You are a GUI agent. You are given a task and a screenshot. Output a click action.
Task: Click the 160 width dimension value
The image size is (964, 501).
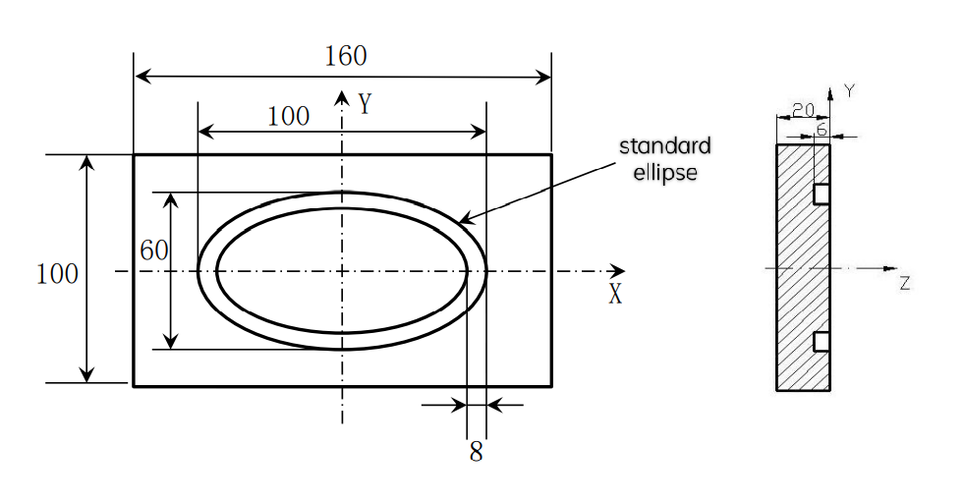click(345, 56)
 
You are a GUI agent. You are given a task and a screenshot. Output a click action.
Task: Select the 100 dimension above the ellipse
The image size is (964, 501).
click(288, 116)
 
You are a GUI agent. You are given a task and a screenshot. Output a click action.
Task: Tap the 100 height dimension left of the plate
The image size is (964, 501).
click(57, 274)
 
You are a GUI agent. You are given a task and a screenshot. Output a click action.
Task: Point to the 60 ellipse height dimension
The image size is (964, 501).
click(153, 250)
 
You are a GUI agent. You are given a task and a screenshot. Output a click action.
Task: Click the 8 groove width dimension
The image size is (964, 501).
click(476, 453)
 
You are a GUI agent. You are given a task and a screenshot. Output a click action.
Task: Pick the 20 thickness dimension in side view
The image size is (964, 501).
click(803, 110)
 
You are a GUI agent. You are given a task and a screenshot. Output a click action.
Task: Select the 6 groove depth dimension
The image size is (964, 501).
click(822, 129)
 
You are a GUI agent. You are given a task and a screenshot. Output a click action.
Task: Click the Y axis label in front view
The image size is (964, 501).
click(365, 103)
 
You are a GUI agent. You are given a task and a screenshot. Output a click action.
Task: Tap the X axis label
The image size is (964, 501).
click(615, 294)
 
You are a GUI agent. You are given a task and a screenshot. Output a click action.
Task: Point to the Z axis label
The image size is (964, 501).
click(904, 284)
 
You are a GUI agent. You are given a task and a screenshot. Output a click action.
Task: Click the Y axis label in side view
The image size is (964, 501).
click(849, 90)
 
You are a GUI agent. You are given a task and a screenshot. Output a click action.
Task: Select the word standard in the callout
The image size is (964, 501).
click(664, 146)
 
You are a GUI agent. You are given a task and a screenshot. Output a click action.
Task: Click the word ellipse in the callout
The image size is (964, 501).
click(665, 173)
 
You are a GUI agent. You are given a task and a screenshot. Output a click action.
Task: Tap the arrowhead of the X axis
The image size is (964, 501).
click(619, 271)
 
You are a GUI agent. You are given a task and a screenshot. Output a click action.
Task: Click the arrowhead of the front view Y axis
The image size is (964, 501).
click(342, 96)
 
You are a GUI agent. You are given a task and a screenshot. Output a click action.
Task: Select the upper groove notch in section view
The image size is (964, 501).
click(822, 195)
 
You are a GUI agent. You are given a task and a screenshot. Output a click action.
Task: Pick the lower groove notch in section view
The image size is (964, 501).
click(822, 341)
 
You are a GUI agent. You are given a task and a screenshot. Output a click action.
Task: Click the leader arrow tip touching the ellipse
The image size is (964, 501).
click(461, 221)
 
